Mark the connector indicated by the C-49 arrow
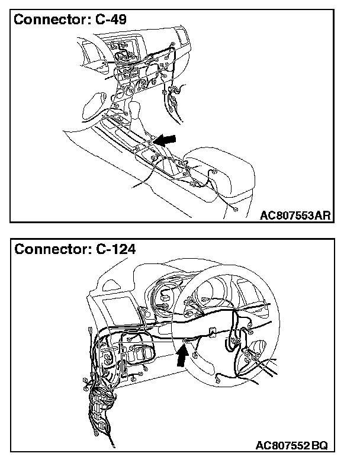(x=153, y=142)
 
